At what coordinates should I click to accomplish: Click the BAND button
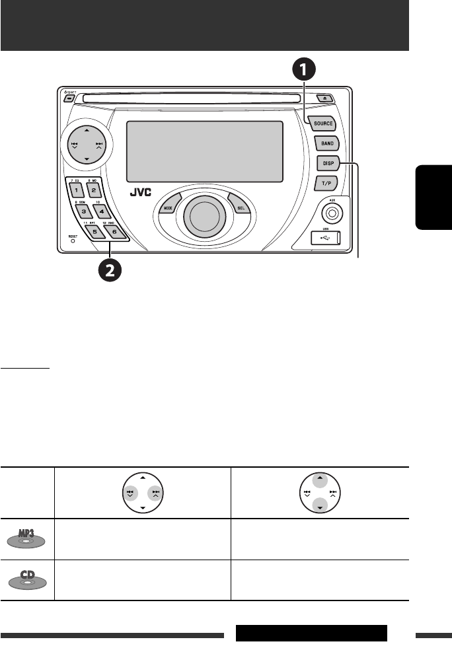click(x=326, y=143)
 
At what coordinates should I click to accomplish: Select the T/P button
click(x=326, y=182)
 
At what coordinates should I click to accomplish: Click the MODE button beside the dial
click(x=167, y=208)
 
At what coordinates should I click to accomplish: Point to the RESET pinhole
click(x=73, y=240)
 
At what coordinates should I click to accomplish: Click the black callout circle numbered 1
click(x=303, y=69)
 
